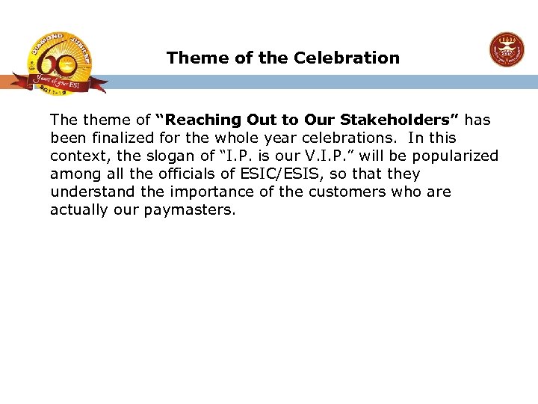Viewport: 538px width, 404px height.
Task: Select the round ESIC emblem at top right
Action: [x=507, y=51]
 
